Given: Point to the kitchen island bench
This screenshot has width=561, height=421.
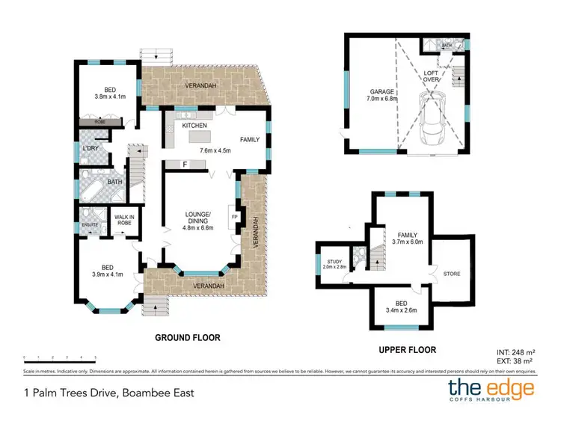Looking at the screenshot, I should pyautogui.click(x=197, y=138).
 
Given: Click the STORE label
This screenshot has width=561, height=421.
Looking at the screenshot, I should pyautogui.click(x=451, y=274).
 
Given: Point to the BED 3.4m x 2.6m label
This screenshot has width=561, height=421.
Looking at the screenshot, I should pyautogui.click(x=401, y=307).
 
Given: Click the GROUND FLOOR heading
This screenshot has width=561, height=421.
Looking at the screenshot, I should pyautogui.click(x=187, y=338).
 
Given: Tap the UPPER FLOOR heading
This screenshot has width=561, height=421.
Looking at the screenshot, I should pyautogui.click(x=407, y=349).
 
